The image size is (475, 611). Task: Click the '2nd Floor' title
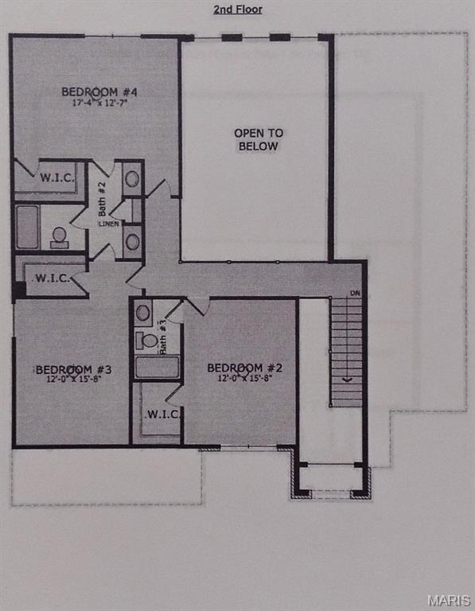pos(237,10)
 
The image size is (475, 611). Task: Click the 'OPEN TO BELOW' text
pos(258,139)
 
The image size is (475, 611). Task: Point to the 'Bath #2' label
pos(102,195)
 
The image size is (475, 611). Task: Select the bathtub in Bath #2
pos(27,228)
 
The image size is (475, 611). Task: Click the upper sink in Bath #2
pos(132,178)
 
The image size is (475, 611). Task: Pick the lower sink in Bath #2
pos(132,241)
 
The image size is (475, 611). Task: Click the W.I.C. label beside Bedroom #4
pos(56,177)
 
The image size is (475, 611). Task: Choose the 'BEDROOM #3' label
pos(72,369)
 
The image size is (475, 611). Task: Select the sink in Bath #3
pos(143,313)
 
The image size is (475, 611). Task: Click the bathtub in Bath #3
pos(157,367)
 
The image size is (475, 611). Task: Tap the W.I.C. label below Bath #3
pos(162,414)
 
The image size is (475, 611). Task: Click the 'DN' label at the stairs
pos(355,294)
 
